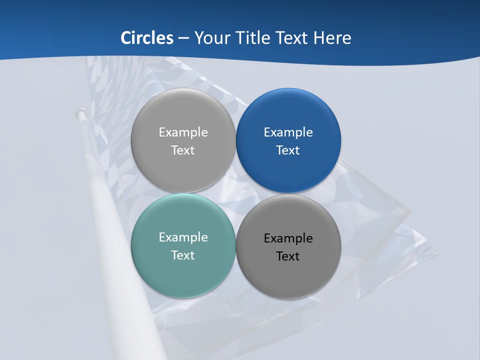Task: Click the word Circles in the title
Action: tap(147, 37)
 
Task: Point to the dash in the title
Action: tap(183, 38)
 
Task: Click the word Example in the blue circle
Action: tap(288, 132)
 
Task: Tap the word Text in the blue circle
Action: tap(288, 150)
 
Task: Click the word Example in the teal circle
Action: tap(183, 237)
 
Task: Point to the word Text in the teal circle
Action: tap(183, 255)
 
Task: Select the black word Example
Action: tap(288, 238)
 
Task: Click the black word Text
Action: tap(288, 256)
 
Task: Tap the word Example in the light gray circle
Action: tap(183, 132)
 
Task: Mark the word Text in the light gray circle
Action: tap(183, 150)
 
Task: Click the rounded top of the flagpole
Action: tap(79, 112)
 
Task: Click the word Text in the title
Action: tap(292, 37)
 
